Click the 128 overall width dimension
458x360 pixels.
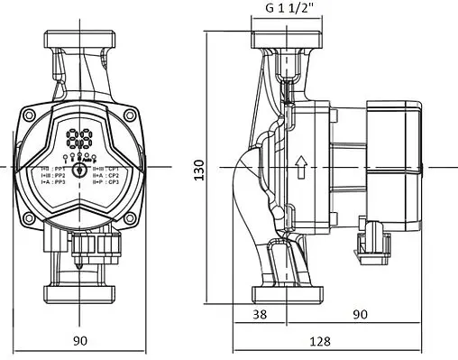pos(318,342)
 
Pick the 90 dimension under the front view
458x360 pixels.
pos(79,340)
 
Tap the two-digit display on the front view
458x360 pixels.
pos(78,139)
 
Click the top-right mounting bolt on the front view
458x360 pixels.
pos(130,115)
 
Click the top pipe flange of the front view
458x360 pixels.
pos(79,42)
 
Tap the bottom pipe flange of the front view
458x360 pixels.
pos(79,294)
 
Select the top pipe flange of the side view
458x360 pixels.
pos(288,42)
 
